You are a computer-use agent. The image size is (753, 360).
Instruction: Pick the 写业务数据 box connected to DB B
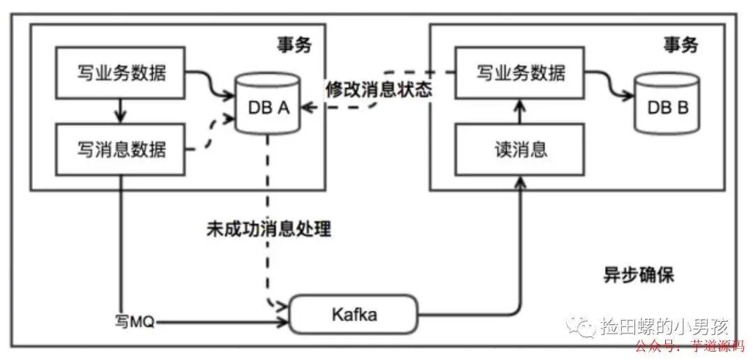pos(521,73)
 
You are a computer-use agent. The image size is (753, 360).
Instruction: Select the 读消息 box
pos(521,149)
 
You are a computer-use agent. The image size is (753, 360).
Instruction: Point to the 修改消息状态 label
pos(379,90)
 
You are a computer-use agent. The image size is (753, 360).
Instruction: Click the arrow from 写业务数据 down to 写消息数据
pos(121,110)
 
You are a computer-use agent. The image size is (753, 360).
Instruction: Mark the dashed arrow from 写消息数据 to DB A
pos(213,133)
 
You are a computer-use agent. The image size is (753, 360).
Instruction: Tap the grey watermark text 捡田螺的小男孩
pos(664,327)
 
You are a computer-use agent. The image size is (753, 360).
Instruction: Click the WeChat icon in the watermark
pos(578,326)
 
